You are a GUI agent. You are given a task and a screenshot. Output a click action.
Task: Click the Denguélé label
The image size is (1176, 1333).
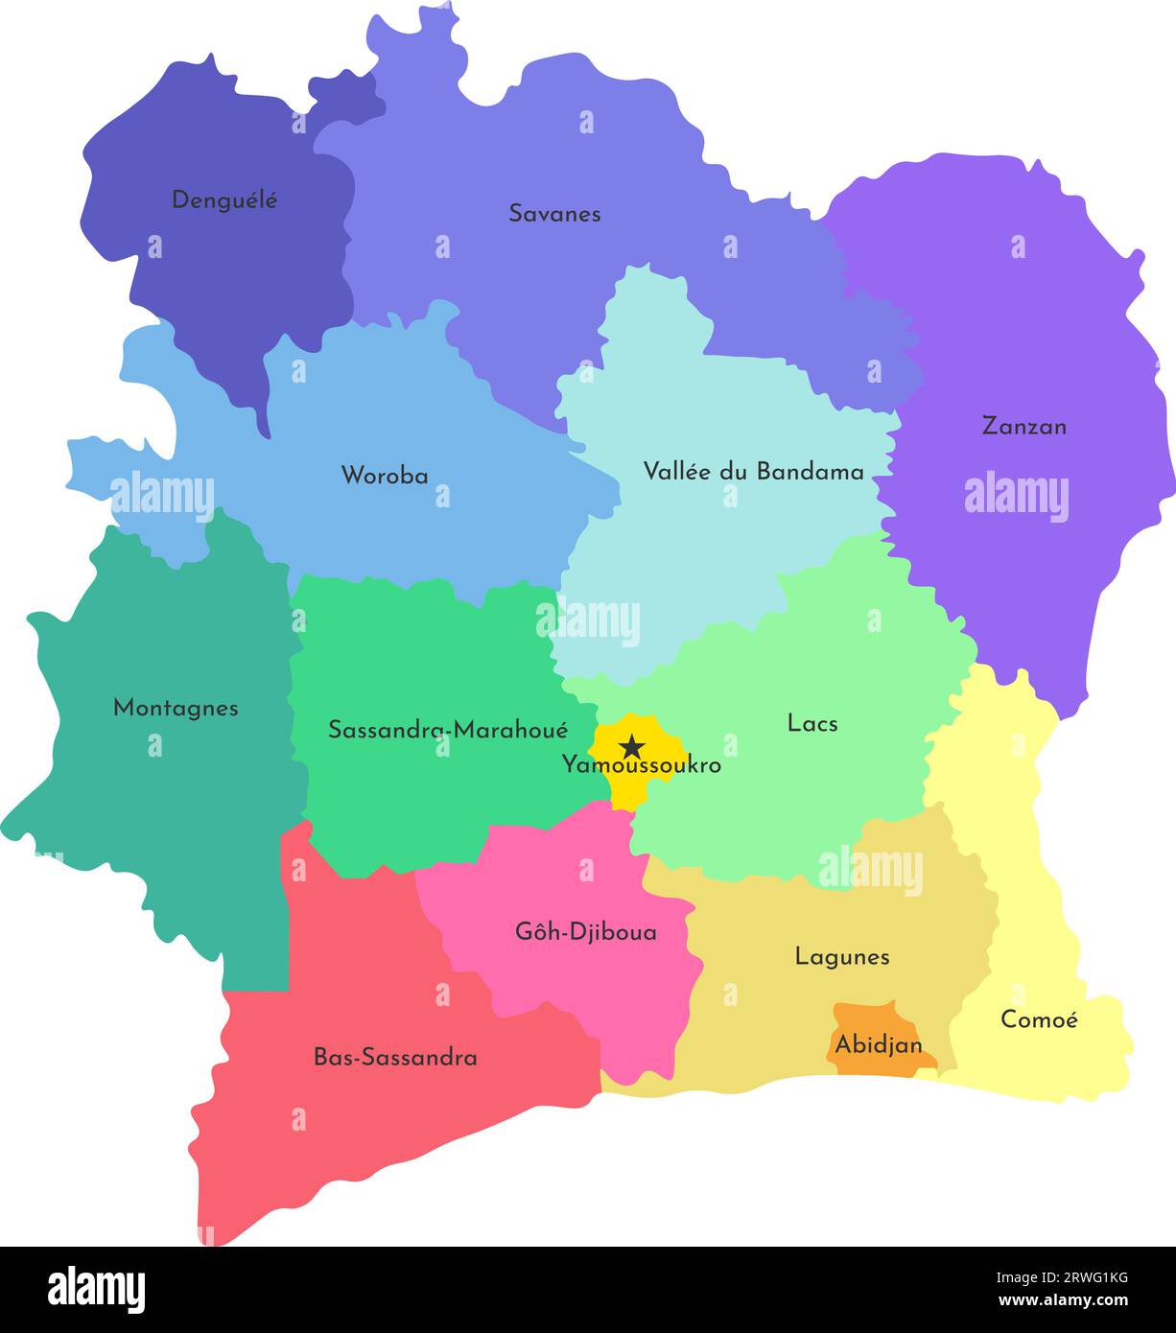pos(224,200)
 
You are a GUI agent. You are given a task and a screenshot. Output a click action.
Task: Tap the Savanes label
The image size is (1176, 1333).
pos(554,214)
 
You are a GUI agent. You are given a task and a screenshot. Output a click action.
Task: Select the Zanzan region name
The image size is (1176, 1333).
pos(1023,426)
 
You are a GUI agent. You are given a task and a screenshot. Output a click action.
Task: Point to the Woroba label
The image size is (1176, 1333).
pos(385,475)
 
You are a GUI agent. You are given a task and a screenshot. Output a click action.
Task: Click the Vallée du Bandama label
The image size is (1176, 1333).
pos(753,471)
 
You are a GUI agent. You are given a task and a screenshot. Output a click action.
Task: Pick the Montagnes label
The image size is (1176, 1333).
pos(176,708)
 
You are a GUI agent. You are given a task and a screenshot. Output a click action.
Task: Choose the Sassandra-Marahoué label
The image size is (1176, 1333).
pos(448,730)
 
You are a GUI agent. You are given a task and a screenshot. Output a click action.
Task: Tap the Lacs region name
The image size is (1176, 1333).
pos(812,723)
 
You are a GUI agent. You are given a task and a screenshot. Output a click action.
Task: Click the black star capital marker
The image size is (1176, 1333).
pos(631,745)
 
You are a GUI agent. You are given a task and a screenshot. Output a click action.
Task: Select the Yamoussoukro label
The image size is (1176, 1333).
pos(641,766)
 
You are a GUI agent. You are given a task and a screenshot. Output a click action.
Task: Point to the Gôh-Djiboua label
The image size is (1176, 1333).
pos(586,931)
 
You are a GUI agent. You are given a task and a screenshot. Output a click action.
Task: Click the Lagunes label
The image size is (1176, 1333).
pos(842,956)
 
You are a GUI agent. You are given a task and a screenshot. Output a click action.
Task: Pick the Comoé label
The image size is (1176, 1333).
pos(1039,1019)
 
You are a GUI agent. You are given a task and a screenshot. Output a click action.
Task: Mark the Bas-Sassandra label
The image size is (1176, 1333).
pos(395,1058)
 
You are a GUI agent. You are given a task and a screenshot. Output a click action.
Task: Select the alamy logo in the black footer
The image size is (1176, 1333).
pos(96,1290)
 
